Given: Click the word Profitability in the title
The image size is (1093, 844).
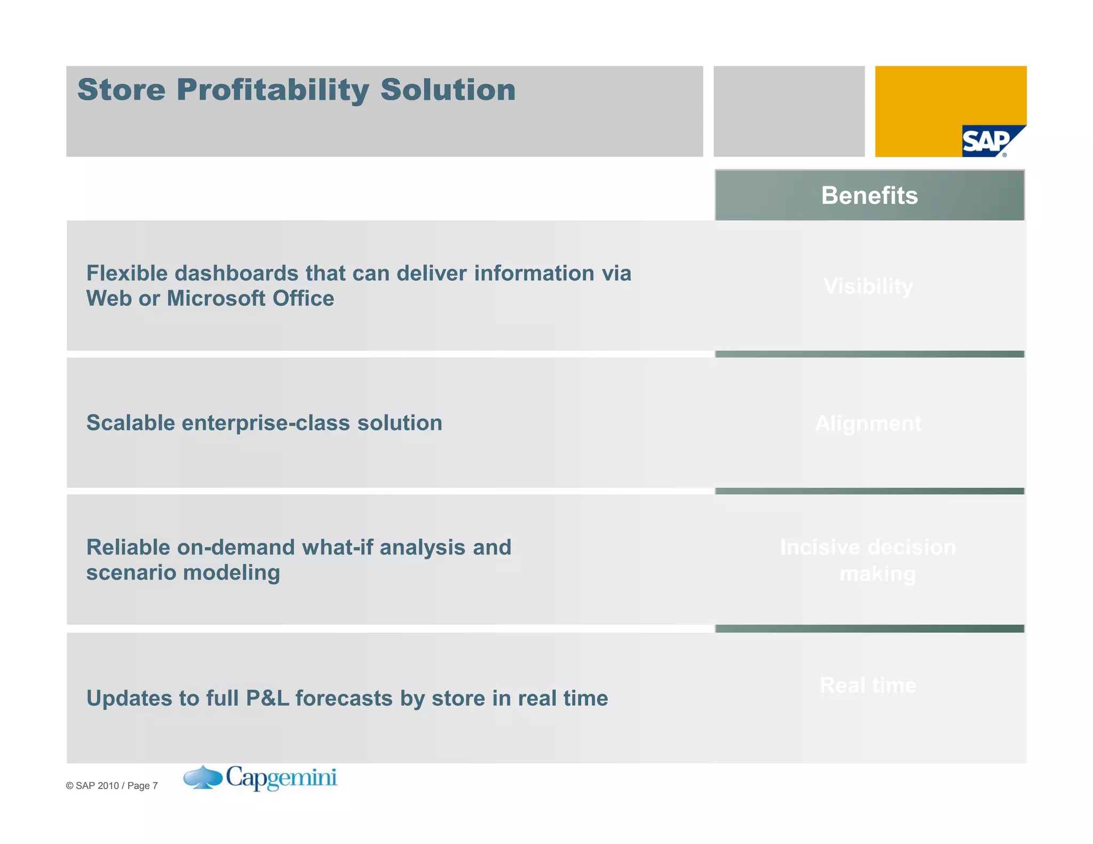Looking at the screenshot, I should pyautogui.click(x=273, y=91).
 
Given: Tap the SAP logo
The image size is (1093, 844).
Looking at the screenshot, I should pyautogui.click(x=990, y=141).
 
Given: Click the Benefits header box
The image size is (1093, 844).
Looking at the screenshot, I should pyautogui.click(x=869, y=195).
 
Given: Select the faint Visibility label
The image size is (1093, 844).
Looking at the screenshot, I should pyautogui.click(x=868, y=286).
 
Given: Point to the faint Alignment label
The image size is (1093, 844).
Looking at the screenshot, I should pyautogui.click(x=868, y=424).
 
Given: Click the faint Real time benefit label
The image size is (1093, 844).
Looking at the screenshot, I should pyautogui.click(x=868, y=686).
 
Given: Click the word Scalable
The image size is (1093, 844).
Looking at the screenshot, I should pyautogui.click(x=131, y=423).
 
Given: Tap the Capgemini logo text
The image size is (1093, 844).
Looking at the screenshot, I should pyautogui.click(x=281, y=778).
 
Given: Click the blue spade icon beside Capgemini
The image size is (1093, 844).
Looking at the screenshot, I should pyautogui.click(x=203, y=777).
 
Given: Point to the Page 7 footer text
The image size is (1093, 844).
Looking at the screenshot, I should pyautogui.click(x=142, y=786).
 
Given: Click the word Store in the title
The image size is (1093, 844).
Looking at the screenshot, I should pyautogui.click(x=122, y=90).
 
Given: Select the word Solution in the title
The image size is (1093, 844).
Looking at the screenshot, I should pyautogui.click(x=448, y=90).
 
